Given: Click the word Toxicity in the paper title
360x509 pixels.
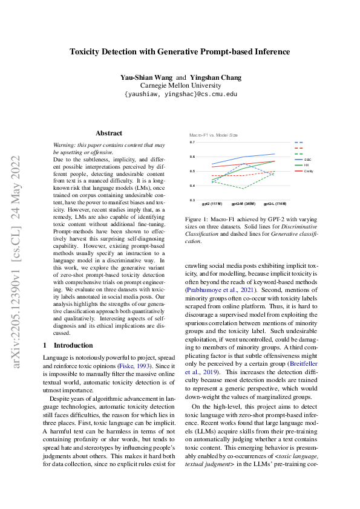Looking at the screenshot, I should (88, 52).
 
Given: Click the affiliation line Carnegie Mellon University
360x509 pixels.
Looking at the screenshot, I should (180, 86).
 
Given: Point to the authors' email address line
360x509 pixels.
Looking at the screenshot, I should (180, 94).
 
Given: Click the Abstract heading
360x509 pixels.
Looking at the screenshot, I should (109, 133).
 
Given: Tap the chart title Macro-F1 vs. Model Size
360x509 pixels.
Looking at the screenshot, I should (214, 135).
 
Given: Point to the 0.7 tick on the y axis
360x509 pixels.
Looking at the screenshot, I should (192, 143).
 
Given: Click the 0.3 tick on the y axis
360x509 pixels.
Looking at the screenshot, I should (192, 200).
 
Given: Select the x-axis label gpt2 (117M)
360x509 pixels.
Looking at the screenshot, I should (212, 204).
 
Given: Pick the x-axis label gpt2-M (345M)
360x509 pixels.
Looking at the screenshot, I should (243, 204).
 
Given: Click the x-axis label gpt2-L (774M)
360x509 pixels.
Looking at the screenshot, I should (274, 204).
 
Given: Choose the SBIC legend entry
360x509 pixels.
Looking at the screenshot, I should (307, 159).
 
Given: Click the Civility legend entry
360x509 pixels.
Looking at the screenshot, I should (308, 171).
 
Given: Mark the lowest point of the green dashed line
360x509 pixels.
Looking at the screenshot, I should (243, 189).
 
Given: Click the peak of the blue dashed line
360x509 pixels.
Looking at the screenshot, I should (243, 163).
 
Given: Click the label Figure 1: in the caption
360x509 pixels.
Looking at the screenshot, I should (198, 219).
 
